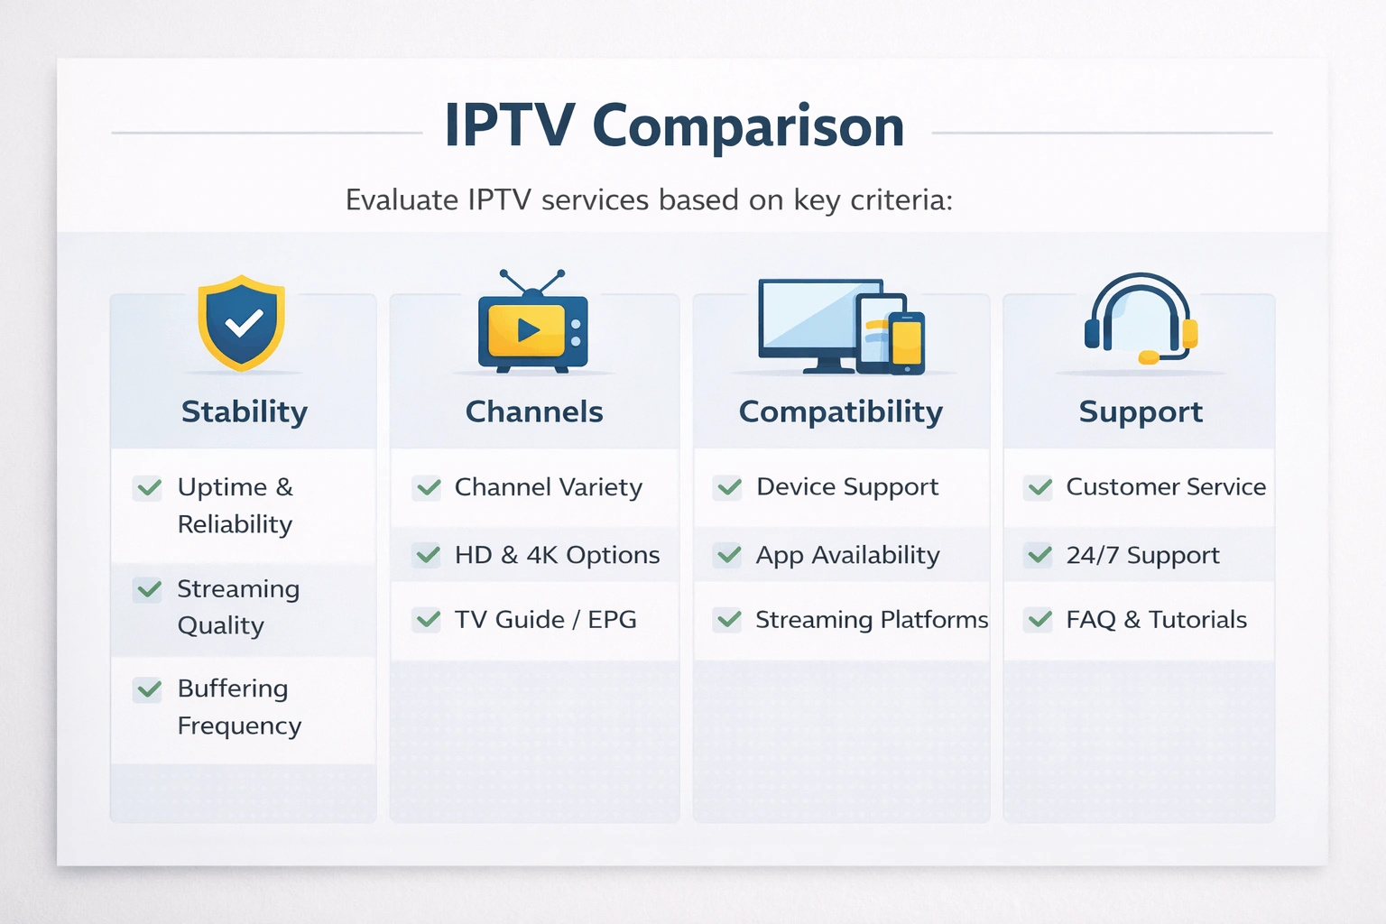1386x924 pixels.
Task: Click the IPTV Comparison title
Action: click(x=674, y=126)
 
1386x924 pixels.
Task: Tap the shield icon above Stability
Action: click(x=242, y=322)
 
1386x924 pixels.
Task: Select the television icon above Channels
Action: click(x=532, y=328)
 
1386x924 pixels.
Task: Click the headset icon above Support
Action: click(x=1141, y=319)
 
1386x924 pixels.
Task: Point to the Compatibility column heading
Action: click(x=840, y=411)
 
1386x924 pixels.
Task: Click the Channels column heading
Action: click(x=534, y=411)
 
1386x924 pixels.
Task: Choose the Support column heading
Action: click(x=1141, y=411)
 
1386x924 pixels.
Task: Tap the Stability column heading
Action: click(x=244, y=411)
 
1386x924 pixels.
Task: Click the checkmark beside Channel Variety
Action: click(x=428, y=488)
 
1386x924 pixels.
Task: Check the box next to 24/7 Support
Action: click(x=1039, y=555)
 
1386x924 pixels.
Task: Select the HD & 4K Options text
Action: click(x=557, y=555)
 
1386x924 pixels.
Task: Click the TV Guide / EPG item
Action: click(x=545, y=620)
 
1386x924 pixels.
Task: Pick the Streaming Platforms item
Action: click(x=871, y=620)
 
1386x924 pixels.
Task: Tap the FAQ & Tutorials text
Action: click(x=1156, y=620)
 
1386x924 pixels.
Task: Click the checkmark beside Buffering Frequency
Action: click(x=148, y=690)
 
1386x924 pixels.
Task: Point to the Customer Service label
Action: click(x=1165, y=487)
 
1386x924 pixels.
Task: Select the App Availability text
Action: click(x=847, y=555)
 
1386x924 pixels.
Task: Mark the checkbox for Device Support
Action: click(x=728, y=488)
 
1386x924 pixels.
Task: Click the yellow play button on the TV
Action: click(x=528, y=330)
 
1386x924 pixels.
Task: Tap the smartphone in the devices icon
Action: click(x=907, y=343)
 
